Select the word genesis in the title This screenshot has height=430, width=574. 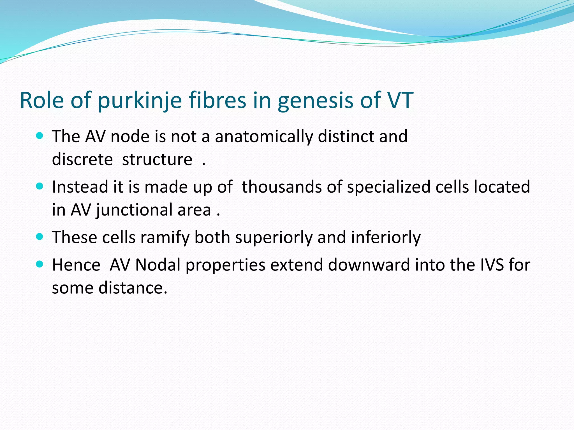[316, 101]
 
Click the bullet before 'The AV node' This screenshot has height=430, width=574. [40, 136]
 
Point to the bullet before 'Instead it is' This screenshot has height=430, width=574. [40, 186]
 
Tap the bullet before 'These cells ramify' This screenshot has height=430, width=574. [40, 237]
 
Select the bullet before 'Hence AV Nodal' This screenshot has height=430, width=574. [40, 264]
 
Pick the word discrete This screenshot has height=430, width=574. [82, 159]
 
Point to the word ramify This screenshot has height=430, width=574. [165, 238]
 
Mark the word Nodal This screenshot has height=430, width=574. [158, 265]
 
